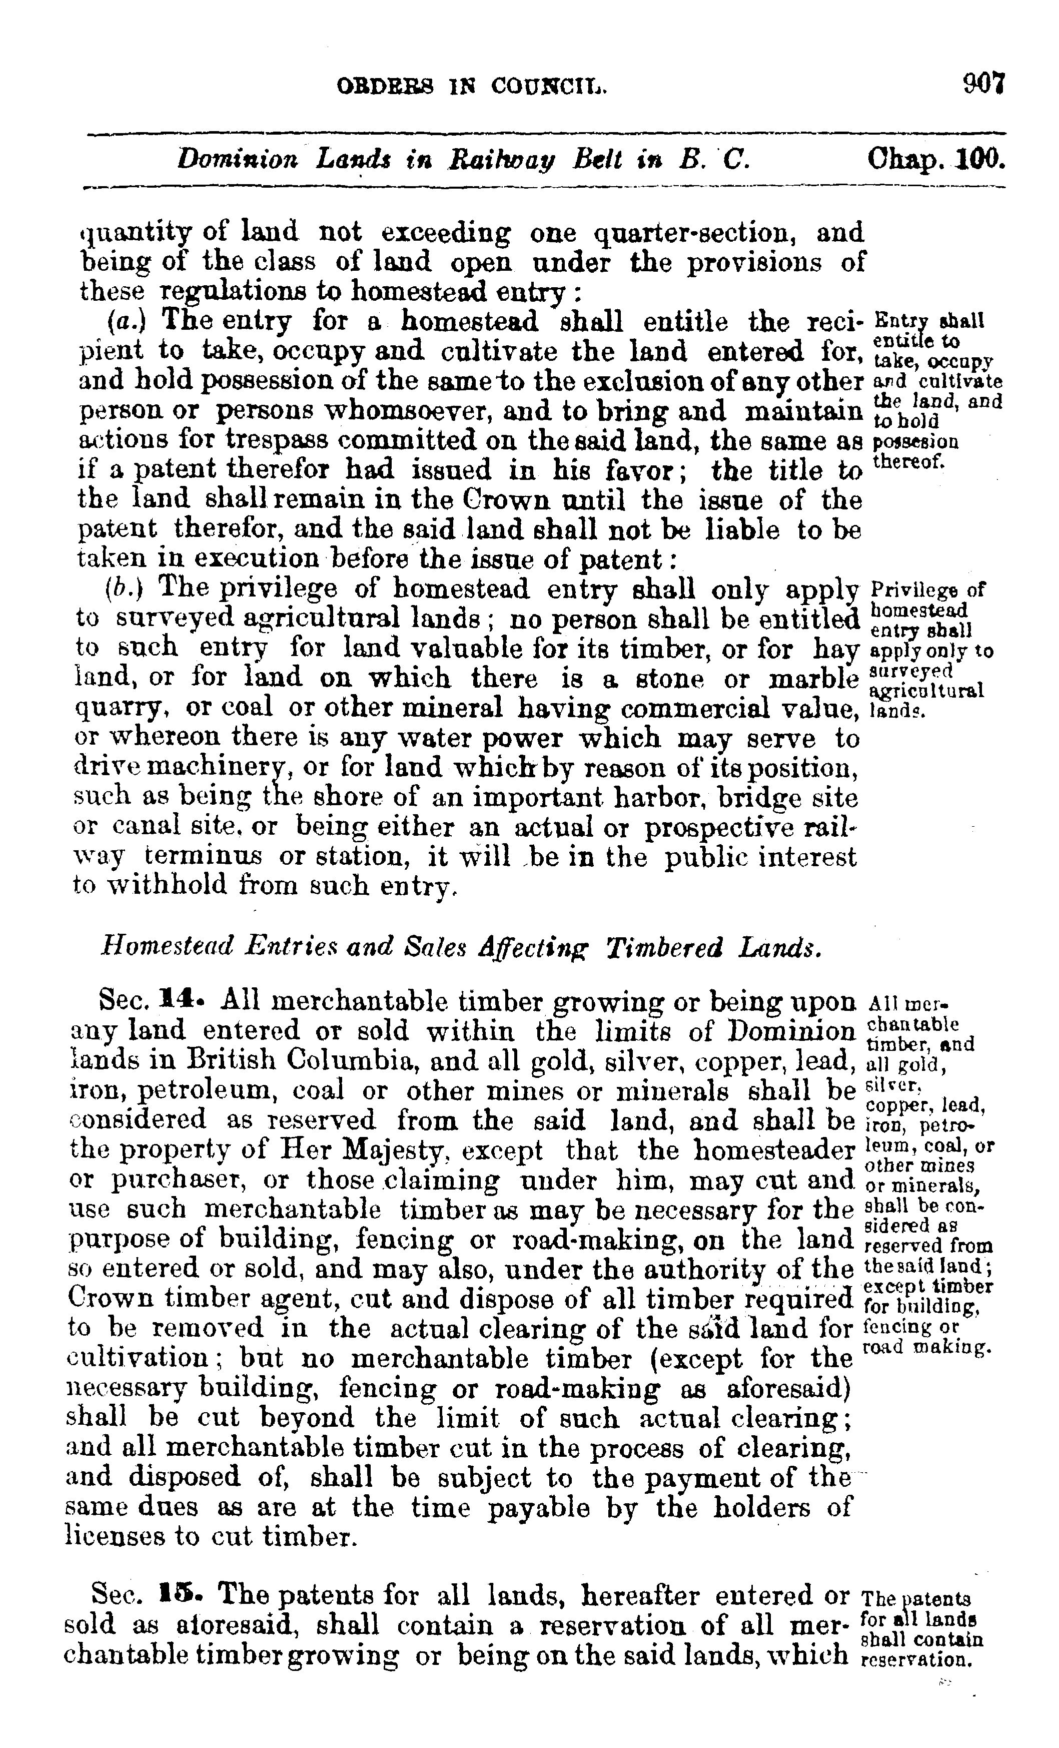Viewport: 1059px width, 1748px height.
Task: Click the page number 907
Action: [x=984, y=85]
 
